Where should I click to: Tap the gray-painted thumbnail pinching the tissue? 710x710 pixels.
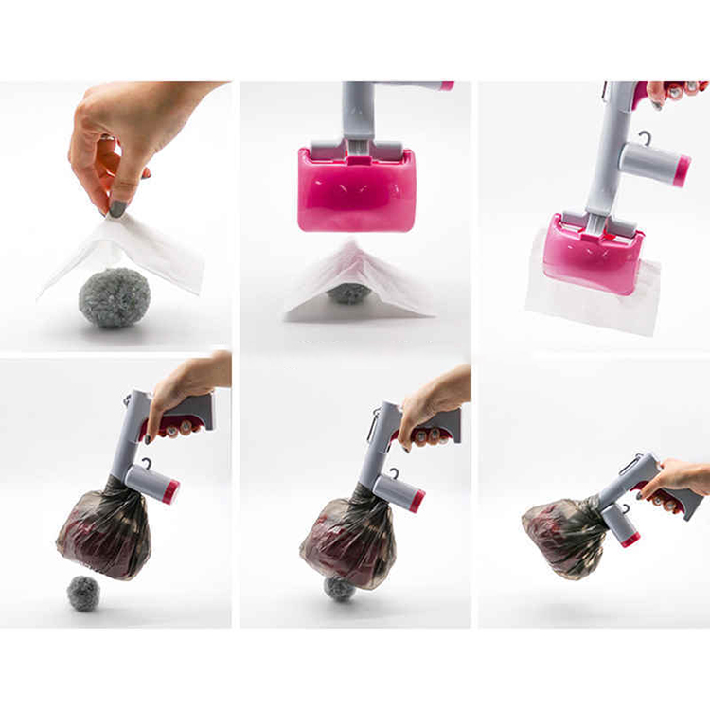tap(118, 207)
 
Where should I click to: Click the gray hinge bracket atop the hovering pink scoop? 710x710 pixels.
tap(357, 151)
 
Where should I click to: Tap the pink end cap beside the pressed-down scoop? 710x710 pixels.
tap(681, 170)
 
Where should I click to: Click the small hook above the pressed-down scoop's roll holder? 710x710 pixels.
tap(645, 138)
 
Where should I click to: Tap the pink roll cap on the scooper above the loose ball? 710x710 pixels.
tap(171, 491)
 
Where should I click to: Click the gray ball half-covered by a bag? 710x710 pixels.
tap(339, 588)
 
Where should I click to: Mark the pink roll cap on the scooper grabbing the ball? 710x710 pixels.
tap(417, 501)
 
